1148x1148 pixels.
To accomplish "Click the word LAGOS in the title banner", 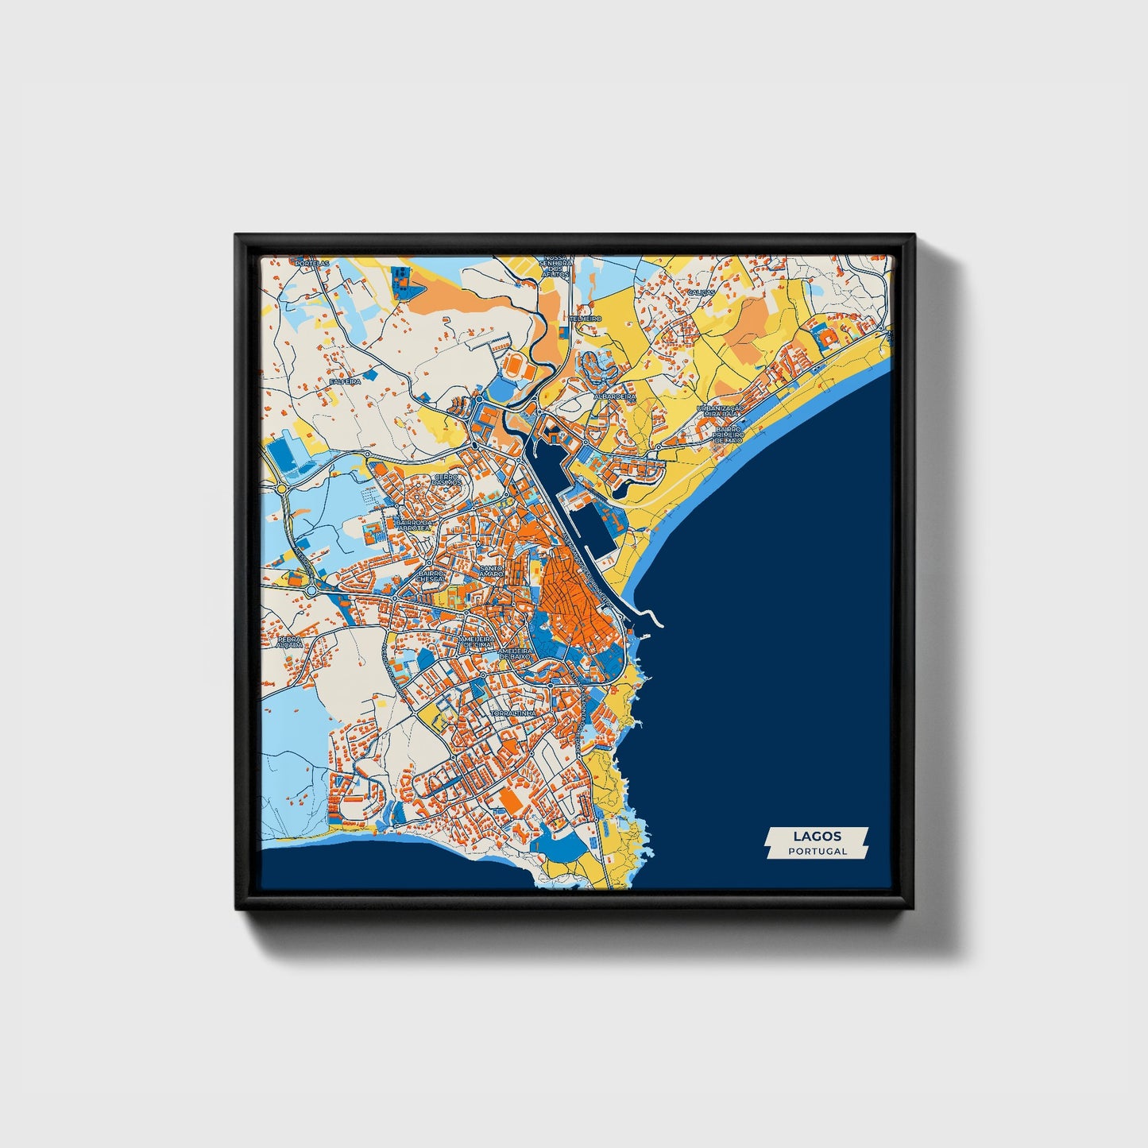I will coord(817,836).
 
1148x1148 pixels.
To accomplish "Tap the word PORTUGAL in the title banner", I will coord(817,851).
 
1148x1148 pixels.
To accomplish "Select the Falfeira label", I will coord(345,381).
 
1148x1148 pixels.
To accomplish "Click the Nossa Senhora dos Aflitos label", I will coord(555,267).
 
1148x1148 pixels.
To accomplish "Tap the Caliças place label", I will coord(702,292).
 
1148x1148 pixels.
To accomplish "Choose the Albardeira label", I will coord(614,396).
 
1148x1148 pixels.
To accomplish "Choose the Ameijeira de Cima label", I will coord(477,641).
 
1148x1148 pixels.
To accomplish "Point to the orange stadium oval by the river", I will coord(516,366).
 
